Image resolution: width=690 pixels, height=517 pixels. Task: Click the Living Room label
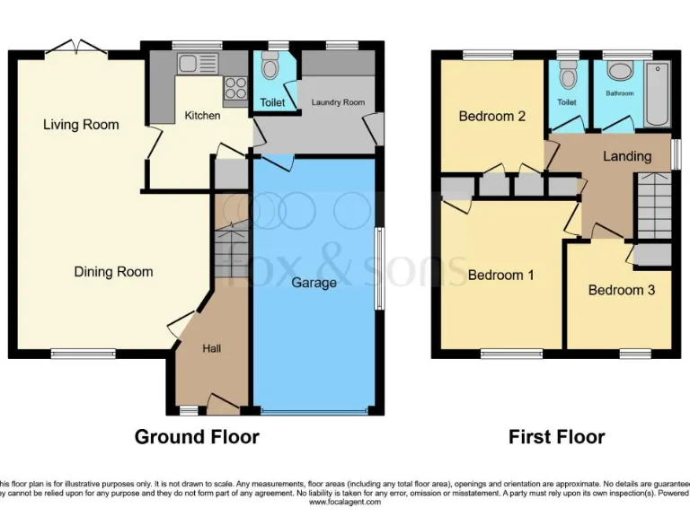point(81,125)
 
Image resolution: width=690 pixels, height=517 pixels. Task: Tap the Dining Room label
point(113,272)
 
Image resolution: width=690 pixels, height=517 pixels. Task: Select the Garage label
point(314,283)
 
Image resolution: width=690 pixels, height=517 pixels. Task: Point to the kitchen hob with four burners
point(234,88)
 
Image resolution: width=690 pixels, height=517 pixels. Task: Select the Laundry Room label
point(338,103)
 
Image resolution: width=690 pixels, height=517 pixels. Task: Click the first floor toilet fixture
point(566,76)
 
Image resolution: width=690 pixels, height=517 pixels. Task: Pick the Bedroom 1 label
point(500,275)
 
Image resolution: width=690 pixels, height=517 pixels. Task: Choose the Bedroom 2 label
point(491,117)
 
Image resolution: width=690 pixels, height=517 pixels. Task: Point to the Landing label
point(626,156)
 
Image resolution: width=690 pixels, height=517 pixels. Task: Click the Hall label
point(210,348)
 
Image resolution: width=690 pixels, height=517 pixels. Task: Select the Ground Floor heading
point(197,437)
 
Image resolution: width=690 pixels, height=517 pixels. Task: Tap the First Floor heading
point(556,437)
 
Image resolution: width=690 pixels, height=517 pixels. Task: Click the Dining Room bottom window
point(83,354)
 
